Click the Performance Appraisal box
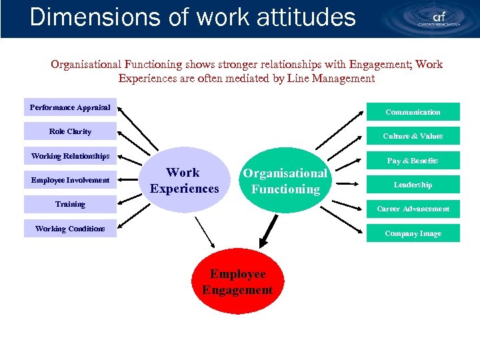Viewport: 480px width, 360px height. pyautogui.click(x=70, y=107)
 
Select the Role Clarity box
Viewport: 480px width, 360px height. pyautogui.click(x=70, y=132)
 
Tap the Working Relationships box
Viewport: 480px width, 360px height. pyautogui.click(x=70, y=156)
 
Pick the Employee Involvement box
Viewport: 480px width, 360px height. pyautogui.click(x=70, y=180)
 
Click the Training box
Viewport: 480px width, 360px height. pyautogui.click(x=70, y=204)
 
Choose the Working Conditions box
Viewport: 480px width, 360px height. pyautogui.click(x=70, y=229)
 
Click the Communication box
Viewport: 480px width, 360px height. pyautogui.click(x=413, y=112)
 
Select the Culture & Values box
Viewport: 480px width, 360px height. pyautogui.click(x=413, y=136)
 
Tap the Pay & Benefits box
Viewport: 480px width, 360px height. pyautogui.click(x=413, y=161)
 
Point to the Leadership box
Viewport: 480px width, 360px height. pyautogui.click(x=413, y=185)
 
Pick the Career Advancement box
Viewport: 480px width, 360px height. pyautogui.click(x=413, y=209)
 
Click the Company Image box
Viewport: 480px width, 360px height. pyautogui.click(x=413, y=233)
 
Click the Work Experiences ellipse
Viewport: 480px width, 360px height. pyautogui.click(x=184, y=181)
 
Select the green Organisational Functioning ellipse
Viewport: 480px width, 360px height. pyautogui.click(x=285, y=181)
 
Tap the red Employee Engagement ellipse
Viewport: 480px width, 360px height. pyautogui.click(x=237, y=282)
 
